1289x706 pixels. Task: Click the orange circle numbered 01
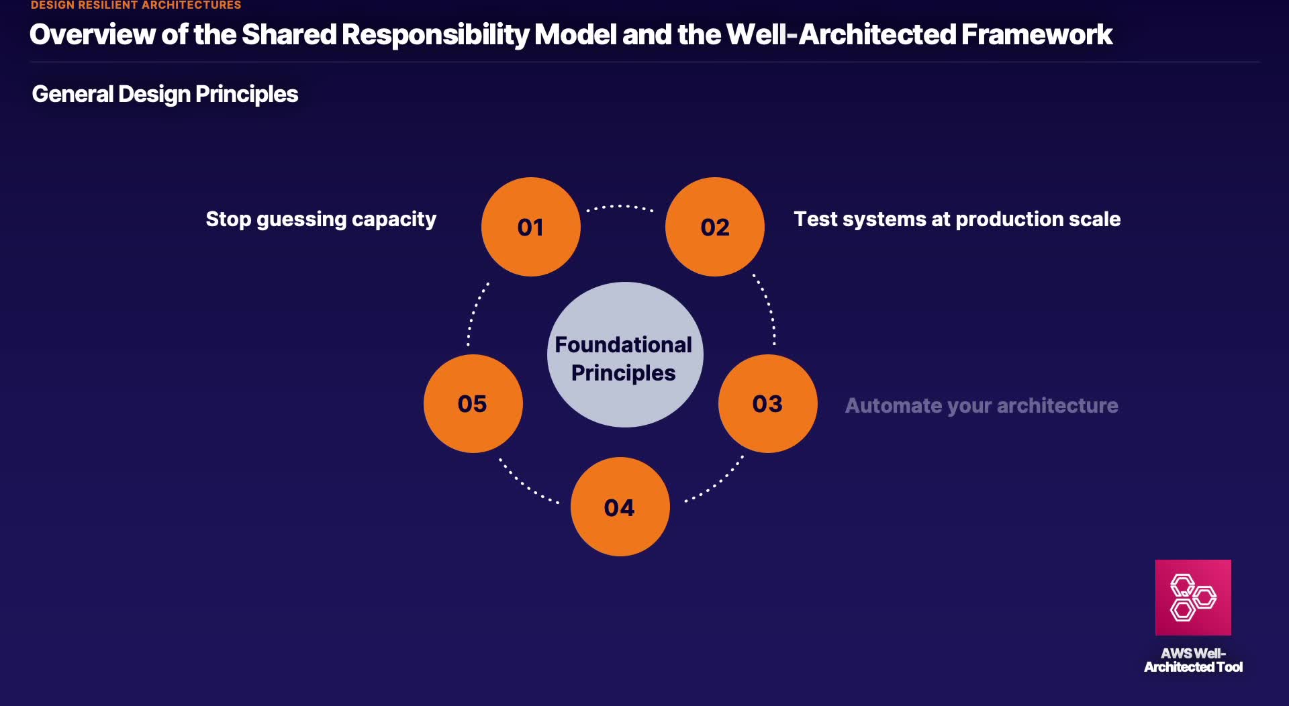click(x=530, y=227)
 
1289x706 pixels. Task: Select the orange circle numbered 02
click(x=714, y=227)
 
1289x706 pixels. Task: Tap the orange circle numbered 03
click(x=767, y=403)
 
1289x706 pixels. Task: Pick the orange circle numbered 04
click(x=620, y=507)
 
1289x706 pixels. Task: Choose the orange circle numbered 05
click(x=473, y=403)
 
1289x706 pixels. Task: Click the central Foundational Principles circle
click(x=624, y=355)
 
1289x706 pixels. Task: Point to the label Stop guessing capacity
click(x=321, y=219)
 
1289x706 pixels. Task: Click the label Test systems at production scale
click(x=957, y=219)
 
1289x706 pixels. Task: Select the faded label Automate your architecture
click(x=981, y=405)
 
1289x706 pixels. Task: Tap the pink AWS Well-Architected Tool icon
click(x=1193, y=597)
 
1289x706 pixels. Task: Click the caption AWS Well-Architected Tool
click(x=1193, y=660)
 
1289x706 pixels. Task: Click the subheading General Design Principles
click(x=165, y=94)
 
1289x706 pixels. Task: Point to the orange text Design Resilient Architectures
click(x=136, y=5)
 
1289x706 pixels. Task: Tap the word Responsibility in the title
click(x=435, y=34)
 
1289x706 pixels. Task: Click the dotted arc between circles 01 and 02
click(x=620, y=207)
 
